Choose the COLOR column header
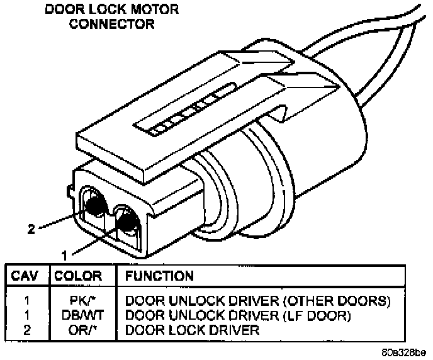coord(79,276)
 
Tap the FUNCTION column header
coord(160,276)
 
